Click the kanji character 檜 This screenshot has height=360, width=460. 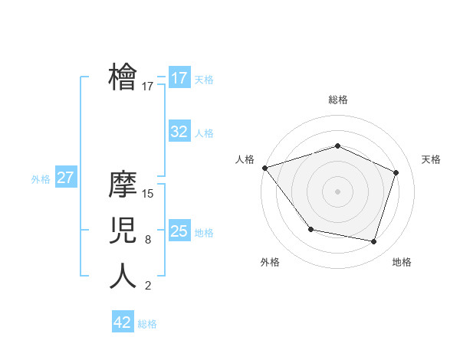tap(123, 77)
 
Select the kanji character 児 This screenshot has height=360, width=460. tap(123, 230)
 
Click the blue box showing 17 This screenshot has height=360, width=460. tap(179, 78)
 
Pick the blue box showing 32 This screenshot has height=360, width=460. tap(179, 132)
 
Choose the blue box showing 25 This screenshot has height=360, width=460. tap(179, 231)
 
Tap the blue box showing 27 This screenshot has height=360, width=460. tap(66, 178)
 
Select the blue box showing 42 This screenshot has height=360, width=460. tap(123, 322)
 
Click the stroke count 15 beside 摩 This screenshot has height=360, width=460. tap(149, 193)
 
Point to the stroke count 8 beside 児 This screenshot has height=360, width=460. tap(148, 240)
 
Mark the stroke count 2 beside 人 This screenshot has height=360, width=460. tap(148, 286)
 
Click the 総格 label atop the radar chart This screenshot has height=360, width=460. tap(338, 100)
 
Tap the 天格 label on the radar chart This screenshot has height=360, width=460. tap(431, 159)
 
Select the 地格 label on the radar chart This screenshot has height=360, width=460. tap(402, 262)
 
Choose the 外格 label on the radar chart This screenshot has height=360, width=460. tap(270, 262)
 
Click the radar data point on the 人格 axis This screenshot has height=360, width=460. tap(264, 167)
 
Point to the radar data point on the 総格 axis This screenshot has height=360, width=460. tap(338, 146)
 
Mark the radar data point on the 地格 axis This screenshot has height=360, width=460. tap(373, 241)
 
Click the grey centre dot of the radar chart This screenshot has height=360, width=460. tap(338, 191)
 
